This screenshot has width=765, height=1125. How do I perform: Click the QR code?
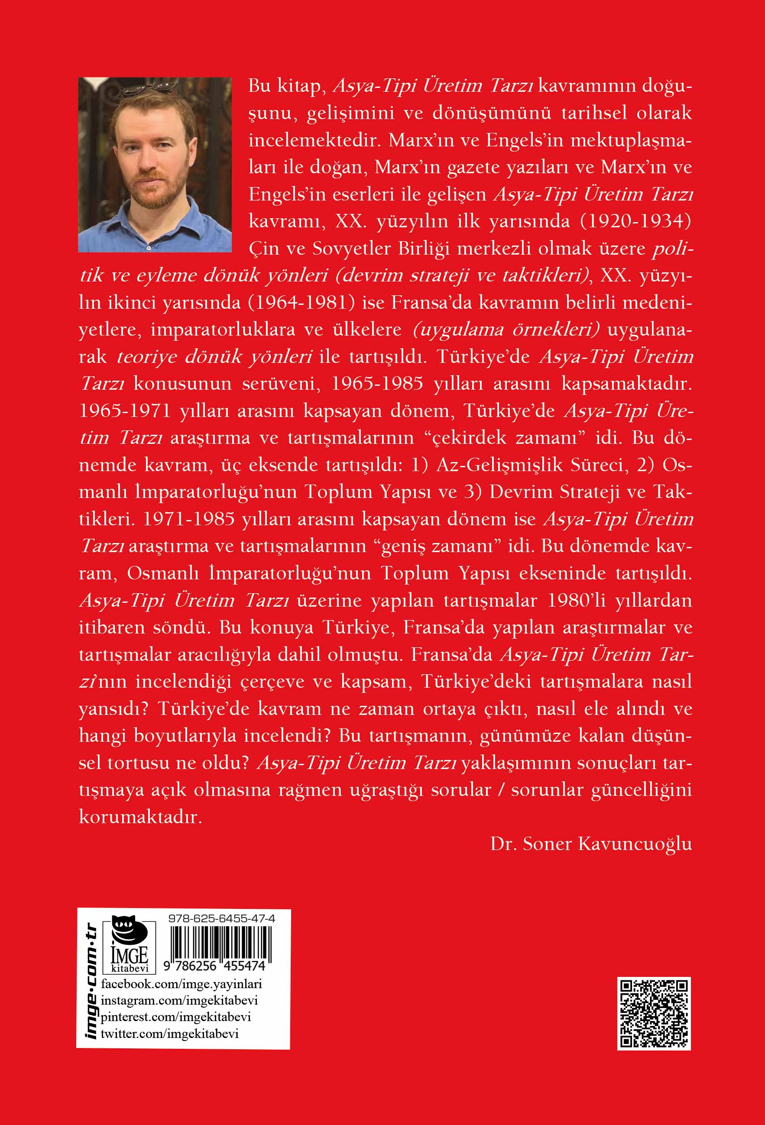tap(654, 1014)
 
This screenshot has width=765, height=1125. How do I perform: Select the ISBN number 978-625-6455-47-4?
tap(222, 918)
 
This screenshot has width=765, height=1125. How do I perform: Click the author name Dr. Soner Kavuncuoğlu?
tap(591, 844)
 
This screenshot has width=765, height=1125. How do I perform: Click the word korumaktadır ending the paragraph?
tap(140, 817)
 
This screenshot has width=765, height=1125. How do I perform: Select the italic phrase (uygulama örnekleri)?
tap(506, 330)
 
